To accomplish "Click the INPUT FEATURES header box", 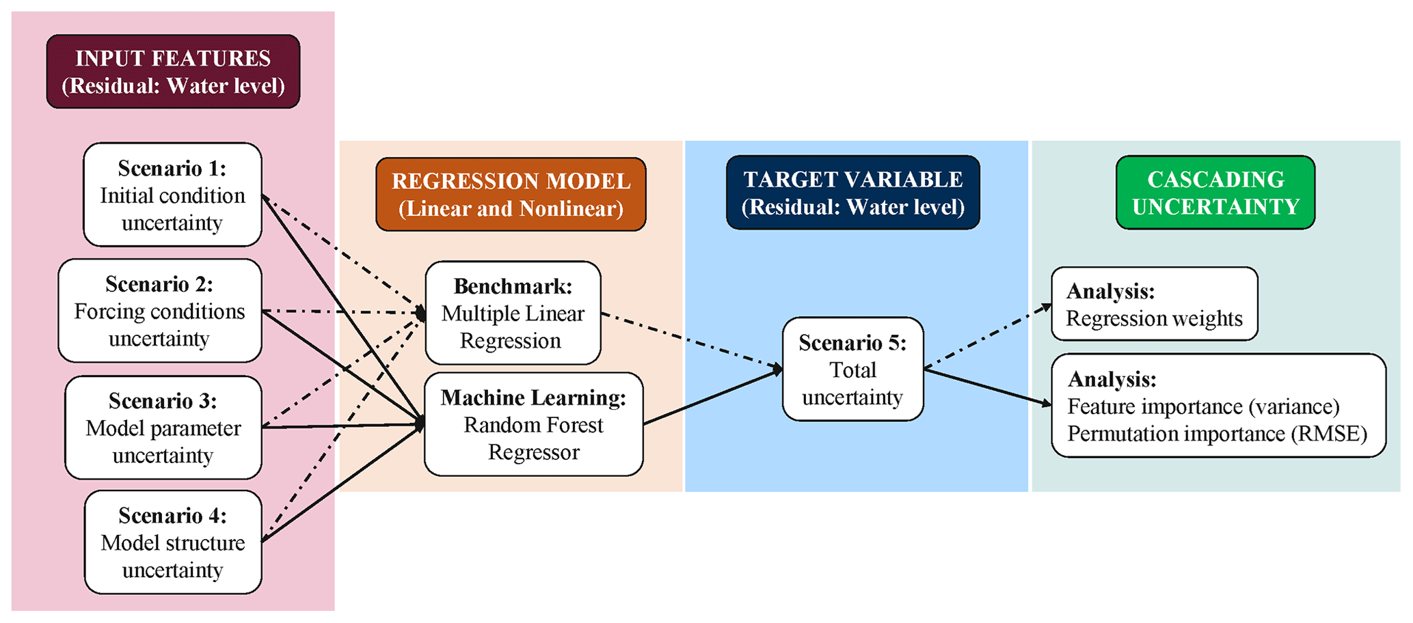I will coord(173,72).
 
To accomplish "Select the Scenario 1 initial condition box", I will coord(172,195).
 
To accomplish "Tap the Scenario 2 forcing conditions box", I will coord(159,311).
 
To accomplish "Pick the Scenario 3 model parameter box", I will coord(163,428).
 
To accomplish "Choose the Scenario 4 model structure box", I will coord(172,542).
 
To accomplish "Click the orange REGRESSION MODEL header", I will coord(511,194).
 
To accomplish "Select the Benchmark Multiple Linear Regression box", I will coord(513,313).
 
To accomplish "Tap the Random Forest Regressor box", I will coord(533,425).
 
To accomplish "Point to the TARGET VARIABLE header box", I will coord(852,193).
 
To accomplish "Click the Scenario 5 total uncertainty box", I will coord(852,370).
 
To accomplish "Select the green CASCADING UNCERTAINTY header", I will coord(1215,193).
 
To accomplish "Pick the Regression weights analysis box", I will coord(1154,304).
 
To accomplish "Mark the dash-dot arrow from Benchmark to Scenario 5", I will coord(690,340).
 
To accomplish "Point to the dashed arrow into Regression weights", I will coord(988,336).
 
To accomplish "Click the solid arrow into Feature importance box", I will coord(988,387).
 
